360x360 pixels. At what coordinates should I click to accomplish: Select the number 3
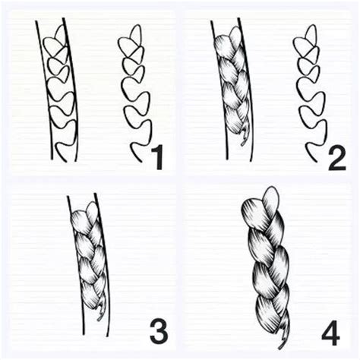(157, 331)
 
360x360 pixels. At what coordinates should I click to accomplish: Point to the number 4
(332, 331)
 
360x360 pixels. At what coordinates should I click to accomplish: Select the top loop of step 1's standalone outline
(134, 33)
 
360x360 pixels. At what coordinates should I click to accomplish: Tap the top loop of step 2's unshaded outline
(309, 34)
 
